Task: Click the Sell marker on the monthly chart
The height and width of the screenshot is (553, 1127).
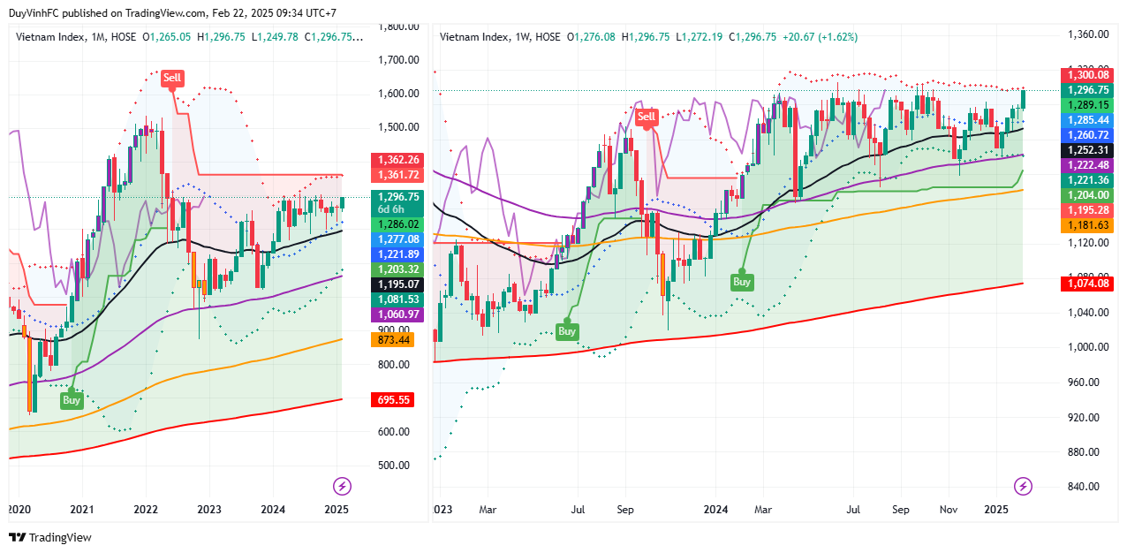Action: [x=172, y=78]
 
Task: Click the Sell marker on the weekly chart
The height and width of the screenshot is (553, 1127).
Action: [x=647, y=117]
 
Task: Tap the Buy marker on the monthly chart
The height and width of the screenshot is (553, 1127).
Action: [x=72, y=399]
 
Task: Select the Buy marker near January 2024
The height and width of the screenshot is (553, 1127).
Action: [x=742, y=282]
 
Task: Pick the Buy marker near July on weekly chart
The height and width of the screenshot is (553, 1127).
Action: [x=566, y=331]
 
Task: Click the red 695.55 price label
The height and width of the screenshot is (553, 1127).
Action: [x=392, y=400]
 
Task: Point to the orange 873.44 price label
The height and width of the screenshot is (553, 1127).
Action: [x=392, y=339]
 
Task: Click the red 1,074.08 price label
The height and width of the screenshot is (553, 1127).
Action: [x=1087, y=284]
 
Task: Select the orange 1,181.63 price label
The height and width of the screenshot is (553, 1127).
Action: [x=1087, y=226]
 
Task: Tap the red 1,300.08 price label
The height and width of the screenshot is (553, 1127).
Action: [x=1087, y=75]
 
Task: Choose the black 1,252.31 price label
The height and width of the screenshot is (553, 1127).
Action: [x=1087, y=150]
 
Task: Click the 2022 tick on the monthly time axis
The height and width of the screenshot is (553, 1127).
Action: [x=146, y=510]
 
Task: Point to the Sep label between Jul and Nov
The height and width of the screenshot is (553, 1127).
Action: [x=901, y=510]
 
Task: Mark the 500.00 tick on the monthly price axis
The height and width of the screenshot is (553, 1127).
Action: [x=393, y=466]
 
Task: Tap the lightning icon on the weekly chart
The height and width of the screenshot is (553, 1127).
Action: [x=1023, y=486]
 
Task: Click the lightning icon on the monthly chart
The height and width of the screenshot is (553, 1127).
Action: [x=342, y=486]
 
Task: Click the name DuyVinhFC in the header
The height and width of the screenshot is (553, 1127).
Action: [x=33, y=13]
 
